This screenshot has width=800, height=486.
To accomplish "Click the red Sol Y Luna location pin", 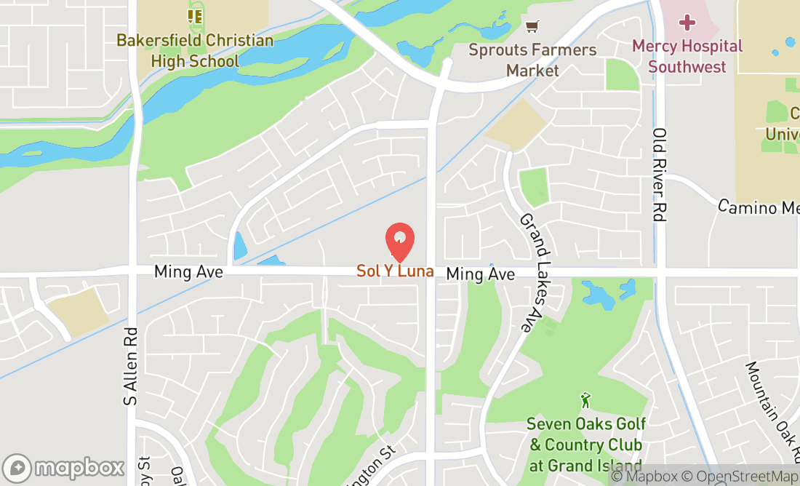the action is coord(399,241).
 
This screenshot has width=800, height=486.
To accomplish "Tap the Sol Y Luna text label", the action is coord(395,271).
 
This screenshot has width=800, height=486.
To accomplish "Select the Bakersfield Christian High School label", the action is coord(195,50).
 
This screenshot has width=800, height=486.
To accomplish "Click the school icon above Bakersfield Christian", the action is coord(195,15).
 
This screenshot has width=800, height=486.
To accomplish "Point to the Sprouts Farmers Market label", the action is coord(532,60).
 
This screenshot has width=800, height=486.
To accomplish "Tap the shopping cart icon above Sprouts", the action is coord(532,27).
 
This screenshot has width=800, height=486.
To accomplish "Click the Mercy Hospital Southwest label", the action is coord(687,56).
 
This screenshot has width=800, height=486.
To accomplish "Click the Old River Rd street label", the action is coord(660,175).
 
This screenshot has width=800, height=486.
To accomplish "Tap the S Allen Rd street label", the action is coord(131,364).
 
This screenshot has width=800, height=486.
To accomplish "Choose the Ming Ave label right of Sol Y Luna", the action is coord(481,274).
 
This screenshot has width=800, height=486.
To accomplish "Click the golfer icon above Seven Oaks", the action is coord(585,400).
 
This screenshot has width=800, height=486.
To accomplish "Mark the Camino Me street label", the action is coord(758,207).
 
